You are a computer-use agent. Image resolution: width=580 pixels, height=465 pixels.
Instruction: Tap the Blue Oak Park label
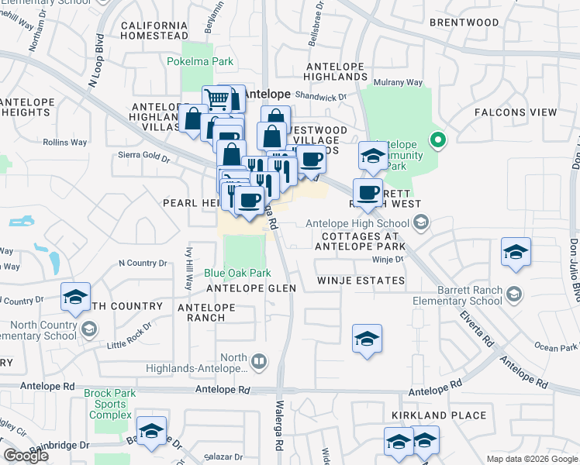[x=237, y=273]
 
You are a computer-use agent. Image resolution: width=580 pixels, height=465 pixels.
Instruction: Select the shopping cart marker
[x=216, y=99]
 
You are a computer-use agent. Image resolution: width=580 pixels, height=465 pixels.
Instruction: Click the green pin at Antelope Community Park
[x=438, y=141]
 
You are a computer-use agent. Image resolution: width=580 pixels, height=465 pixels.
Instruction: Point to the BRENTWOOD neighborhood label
[x=464, y=22]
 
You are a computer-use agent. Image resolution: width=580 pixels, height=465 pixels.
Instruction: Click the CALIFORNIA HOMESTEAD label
[x=154, y=29]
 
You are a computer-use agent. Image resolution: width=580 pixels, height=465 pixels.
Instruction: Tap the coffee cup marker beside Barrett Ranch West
[x=368, y=191]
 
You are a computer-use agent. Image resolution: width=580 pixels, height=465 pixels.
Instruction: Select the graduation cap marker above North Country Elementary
[x=75, y=297]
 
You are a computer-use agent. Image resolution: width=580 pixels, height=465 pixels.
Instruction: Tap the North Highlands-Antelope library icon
[x=259, y=360]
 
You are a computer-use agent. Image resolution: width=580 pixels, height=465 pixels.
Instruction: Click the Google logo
[x=26, y=456]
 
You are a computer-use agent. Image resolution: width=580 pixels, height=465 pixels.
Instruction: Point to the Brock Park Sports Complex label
[x=110, y=404]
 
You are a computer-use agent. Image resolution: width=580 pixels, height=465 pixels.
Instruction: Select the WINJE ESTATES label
[x=360, y=281]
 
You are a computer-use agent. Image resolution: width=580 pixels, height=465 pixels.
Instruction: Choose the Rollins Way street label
[x=65, y=143]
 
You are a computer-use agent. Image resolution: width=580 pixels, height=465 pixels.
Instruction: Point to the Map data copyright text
[x=531, y=459]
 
